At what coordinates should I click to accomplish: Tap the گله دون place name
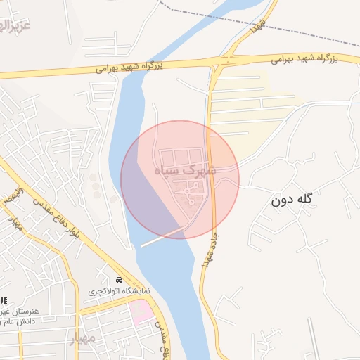(x=290, y=200)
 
